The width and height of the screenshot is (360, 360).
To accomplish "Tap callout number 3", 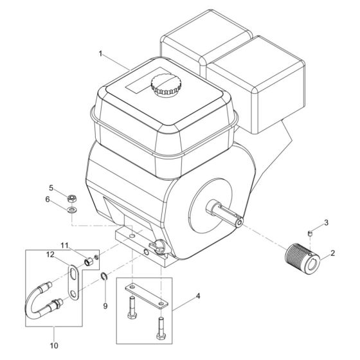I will click(x=326, y=223).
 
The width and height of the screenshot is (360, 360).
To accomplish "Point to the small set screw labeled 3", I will click(x=309, y=231).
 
